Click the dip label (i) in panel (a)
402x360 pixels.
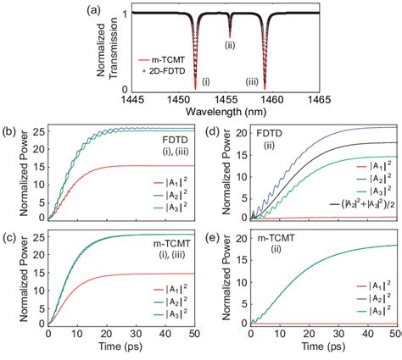point(206,81)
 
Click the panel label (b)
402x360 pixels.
point(11,127)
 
